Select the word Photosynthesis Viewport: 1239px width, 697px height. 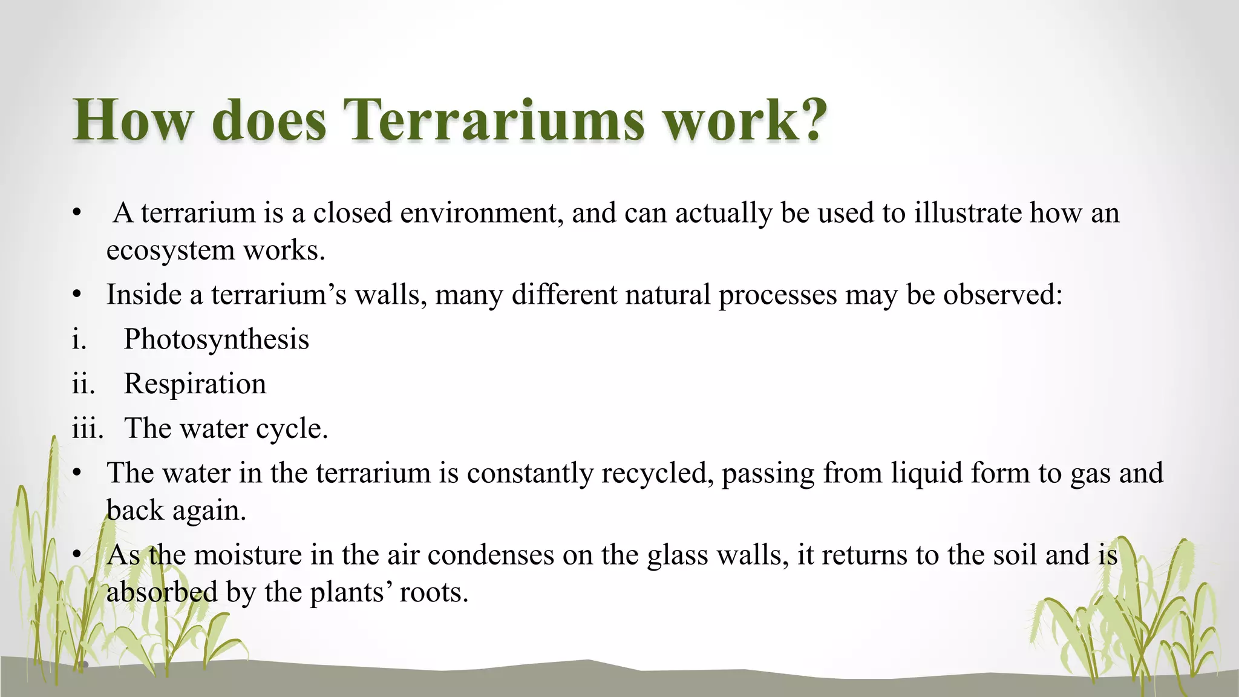coord(216,339)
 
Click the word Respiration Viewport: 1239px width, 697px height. coord(195,384)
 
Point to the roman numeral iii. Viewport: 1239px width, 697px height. coord(87,428)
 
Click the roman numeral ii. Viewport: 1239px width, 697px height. coord(83,384)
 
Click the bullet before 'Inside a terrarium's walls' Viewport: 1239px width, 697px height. coord(76,295)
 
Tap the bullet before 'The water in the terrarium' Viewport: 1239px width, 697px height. coord(76,473)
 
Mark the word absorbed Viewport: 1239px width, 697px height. coord(162,592)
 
